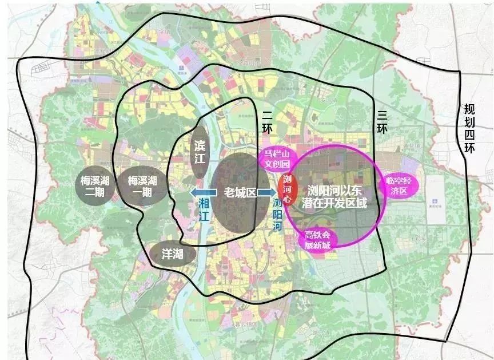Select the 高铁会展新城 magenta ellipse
(317, 240)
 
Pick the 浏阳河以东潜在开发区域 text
(334, 195)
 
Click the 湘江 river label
(204, 209)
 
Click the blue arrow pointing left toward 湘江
(201, 193)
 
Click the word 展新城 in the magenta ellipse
(318, 245)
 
